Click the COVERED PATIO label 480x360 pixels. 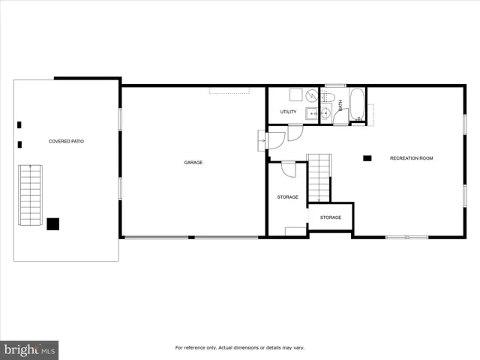coord(66,141)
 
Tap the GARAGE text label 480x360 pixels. coord(193,162)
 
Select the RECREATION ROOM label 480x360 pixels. coord(411,158)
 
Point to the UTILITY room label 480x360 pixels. coord(288,112)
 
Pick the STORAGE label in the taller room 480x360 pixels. coord(287,197)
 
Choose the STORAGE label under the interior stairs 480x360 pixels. coord(331,217)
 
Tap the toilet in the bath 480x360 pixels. coord(328,98)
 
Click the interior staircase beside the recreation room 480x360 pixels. coord(319,177)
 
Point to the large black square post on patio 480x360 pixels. coord(53,223)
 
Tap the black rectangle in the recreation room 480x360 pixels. coord(367,157)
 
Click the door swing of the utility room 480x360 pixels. coord(294,133)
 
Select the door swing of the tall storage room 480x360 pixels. coord(288,170)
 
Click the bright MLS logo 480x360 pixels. coord(29,349)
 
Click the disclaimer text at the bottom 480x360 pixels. coord(239,347)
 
